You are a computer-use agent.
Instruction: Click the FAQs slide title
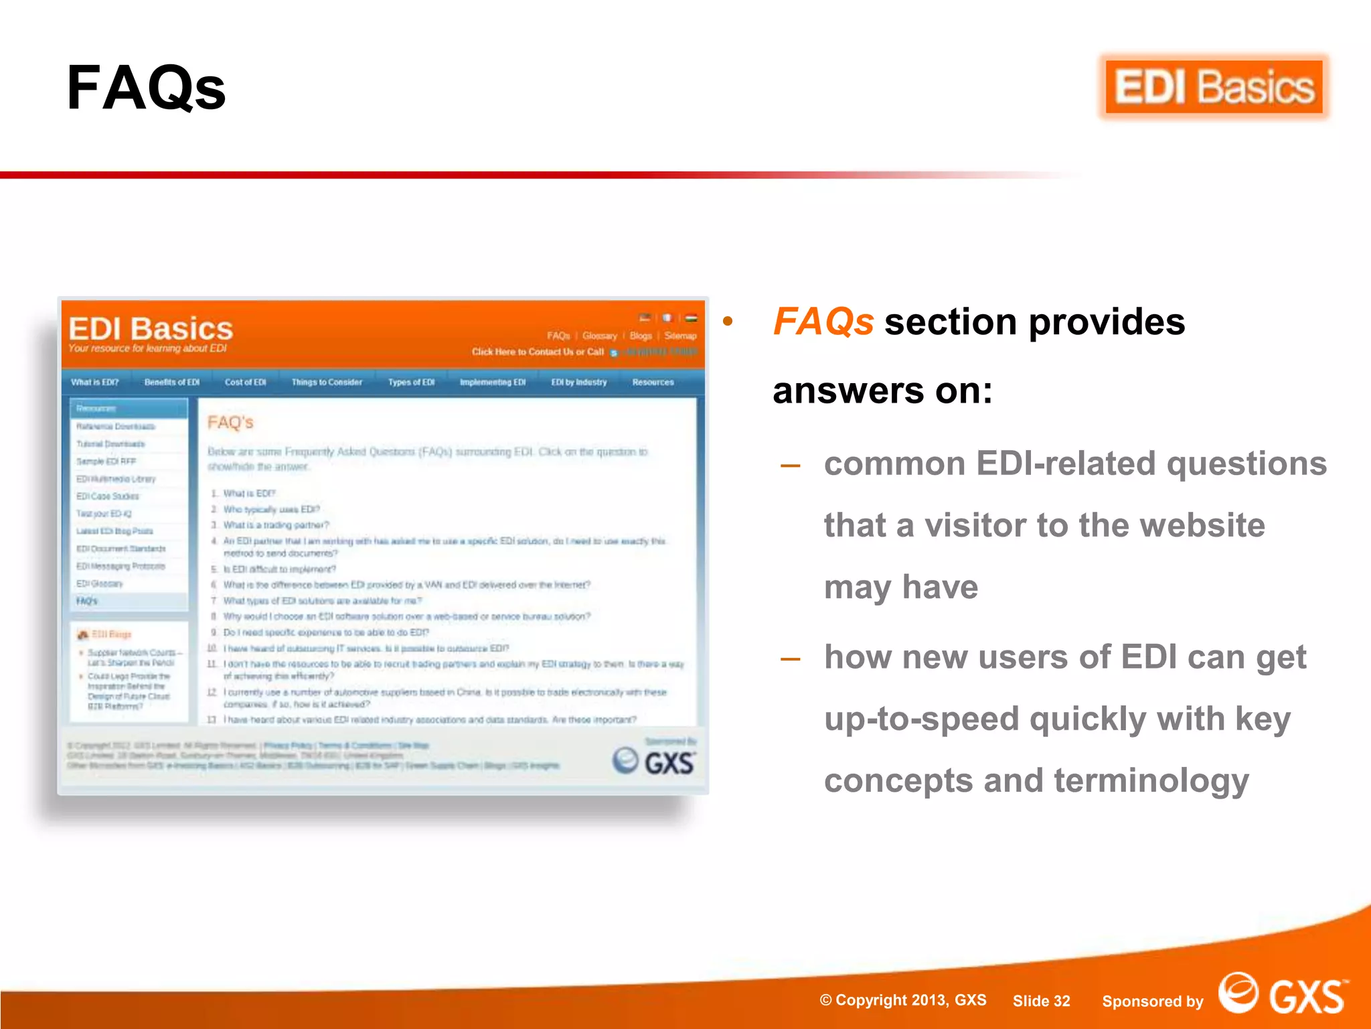pos(147,88)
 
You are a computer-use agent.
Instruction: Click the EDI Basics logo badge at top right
pos(1214,87)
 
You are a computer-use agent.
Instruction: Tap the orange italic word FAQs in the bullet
pos(823,322)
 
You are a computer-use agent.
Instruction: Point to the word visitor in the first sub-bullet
pos(975,525)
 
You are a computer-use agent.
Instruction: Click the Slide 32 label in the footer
pos(1041,1001)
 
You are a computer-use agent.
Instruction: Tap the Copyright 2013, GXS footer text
pos(903,1000)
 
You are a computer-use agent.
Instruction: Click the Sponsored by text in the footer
pos(1152,1002)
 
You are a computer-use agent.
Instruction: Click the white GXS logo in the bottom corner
pos(1282,995)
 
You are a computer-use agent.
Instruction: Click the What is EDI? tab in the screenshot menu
pos(95,383)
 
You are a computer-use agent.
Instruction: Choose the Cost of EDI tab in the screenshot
pos(245,383)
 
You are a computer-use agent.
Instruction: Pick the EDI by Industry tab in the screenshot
pos(579,383)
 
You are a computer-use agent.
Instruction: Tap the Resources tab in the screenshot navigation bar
pos(653,383)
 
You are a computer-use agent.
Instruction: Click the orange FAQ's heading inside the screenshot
pos(230,423)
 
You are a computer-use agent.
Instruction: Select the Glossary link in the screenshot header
pos(599,336)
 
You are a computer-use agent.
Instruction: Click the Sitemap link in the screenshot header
pos(680,336)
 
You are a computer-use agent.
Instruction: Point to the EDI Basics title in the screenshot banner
pos(151,329)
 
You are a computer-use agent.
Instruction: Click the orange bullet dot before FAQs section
pos(728,322)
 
